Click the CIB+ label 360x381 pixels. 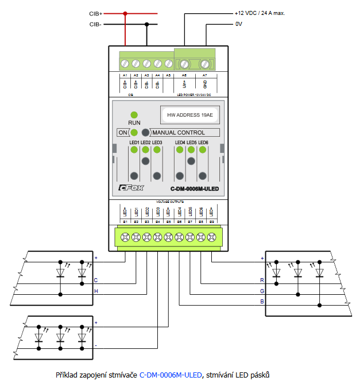click(x=95, y=13)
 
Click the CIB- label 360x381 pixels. click(x=95, y=24)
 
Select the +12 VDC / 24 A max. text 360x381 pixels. click(x=260, y=13)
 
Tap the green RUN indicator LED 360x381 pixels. click(x=134, y=115)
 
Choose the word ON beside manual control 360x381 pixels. click(x=123, y=132)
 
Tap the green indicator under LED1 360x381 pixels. click(x=134, y=150)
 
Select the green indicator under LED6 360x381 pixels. click(x=202, y=150)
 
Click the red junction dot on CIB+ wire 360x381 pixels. click(x=125, y=13)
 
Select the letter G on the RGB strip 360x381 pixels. click(x=262, y=291)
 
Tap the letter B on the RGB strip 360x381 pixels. click(x=262, y=301)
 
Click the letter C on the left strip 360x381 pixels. click(x=96, y=280)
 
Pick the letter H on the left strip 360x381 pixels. click(x=96, y=291)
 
